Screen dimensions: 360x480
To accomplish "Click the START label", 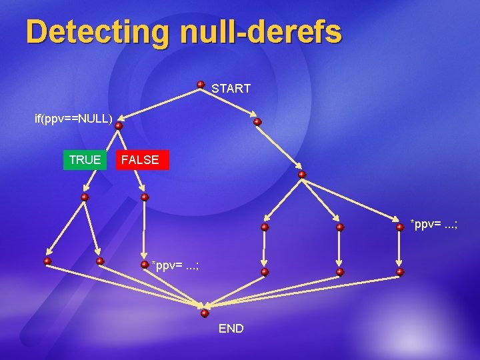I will click(231, 88).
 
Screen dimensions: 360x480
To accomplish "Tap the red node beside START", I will click(201, 85).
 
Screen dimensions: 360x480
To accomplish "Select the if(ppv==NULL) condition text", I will click(73, 119).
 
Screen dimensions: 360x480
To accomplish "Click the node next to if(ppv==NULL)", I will click(118, 125).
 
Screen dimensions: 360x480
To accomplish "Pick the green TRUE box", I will click(85, 160).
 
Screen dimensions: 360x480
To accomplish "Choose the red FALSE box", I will click(141, 160).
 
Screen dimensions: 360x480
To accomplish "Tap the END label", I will click(231, 329).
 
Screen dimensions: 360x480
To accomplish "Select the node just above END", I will click(205, 313).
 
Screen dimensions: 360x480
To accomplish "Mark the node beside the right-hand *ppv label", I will click(400, 227).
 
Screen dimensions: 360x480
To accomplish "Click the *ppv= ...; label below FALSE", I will click(175, 265).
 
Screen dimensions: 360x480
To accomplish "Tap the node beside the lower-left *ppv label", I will click(145, 264).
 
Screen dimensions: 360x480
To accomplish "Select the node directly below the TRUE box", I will click(85, 197).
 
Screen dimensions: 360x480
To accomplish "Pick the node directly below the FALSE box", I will click(145, 197).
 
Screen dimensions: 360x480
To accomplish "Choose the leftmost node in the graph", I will click(47, 261).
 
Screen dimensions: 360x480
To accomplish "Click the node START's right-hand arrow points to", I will click(257, 122).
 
